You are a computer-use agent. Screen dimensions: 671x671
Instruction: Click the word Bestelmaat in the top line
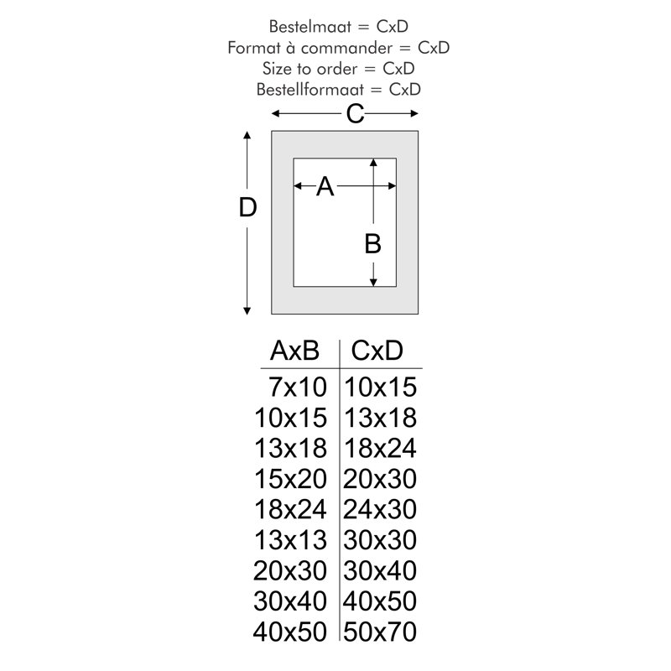(310, 27)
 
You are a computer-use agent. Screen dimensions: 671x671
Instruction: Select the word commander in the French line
(346, 48)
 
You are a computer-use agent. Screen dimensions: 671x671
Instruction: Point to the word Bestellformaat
(309, 90)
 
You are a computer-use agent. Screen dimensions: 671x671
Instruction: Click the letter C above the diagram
(355, 114)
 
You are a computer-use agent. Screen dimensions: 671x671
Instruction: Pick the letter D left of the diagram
(247, 207)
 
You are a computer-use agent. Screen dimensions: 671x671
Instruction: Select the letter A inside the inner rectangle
(325, 186)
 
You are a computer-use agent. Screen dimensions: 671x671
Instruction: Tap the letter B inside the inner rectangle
(372, 243)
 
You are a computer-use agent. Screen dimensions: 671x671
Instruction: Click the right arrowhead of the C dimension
(414, 113)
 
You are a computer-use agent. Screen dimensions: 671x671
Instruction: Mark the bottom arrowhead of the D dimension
(247, 310)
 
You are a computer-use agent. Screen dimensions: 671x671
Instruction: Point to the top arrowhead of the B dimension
(373, 162)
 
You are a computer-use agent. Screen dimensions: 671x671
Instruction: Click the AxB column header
(294, 351)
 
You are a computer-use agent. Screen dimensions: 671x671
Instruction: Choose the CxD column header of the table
(377, 351)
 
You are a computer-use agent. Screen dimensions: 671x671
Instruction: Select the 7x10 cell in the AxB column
(298, 387)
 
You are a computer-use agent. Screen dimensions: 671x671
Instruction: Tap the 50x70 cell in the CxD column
(380, 632)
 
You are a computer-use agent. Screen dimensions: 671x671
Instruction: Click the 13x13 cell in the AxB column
(290, 540)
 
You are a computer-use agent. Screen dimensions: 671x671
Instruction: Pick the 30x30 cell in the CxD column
(380, 540)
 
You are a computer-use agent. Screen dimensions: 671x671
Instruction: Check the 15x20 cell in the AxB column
(290, 479)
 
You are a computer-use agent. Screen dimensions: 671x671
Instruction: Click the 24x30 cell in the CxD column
(380, 509)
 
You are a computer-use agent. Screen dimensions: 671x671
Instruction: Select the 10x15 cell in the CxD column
(380, 387)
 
